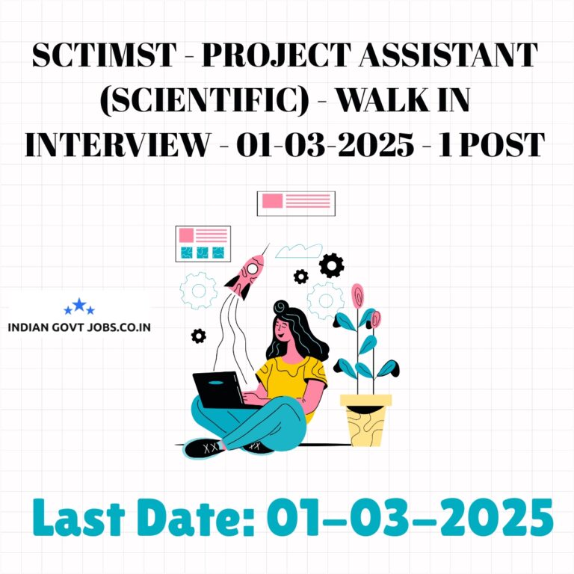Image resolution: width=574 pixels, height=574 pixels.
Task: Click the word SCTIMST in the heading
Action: pos(104,55)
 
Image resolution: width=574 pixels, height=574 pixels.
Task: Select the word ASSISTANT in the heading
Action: pos(448,55)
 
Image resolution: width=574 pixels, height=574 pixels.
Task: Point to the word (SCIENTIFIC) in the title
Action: pos(204,100)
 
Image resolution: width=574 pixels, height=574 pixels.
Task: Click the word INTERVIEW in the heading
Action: pos(117,145)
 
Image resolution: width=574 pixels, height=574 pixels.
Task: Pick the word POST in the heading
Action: pos(502,145)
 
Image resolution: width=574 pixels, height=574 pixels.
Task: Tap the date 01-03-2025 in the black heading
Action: pos(325,145)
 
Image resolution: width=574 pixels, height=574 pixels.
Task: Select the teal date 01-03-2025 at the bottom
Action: pos(410,518)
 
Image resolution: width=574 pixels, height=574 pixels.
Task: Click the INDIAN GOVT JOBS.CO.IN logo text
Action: pos(79,327)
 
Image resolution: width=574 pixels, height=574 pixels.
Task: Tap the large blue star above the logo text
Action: pos(79,305)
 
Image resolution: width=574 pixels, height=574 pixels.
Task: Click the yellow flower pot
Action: pos(365,420)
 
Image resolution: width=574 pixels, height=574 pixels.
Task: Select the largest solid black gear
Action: pos(331,265)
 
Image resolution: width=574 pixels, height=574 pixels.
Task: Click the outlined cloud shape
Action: pos(299,251)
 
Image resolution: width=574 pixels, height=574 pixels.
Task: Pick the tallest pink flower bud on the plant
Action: pos(357,296)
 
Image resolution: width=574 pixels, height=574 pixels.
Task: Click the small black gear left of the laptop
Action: pos(198,336)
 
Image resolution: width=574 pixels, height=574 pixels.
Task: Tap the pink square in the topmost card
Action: pos(272,201)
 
